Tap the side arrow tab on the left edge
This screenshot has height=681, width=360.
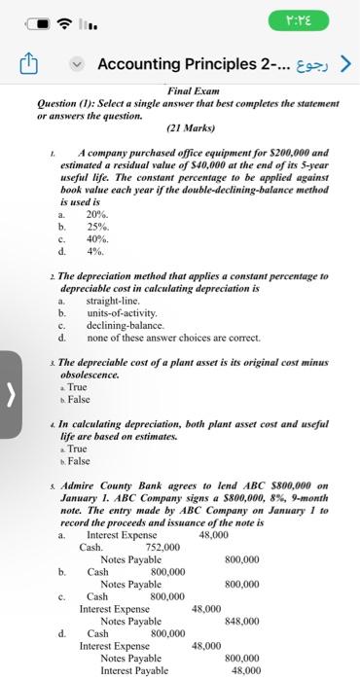9,369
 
